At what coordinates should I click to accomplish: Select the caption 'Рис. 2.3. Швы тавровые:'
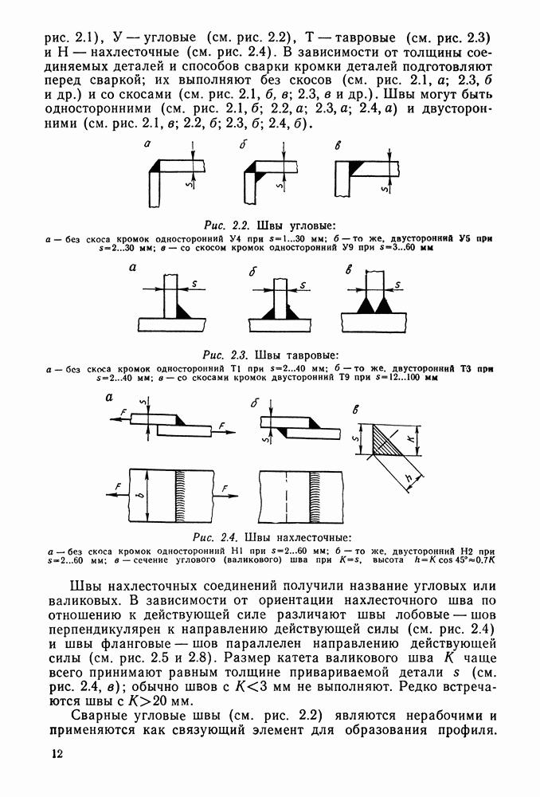(x=271, y=354)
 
